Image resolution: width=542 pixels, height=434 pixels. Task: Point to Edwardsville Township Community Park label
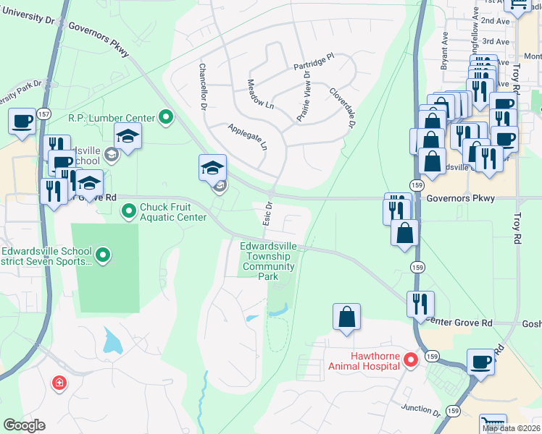pos(269,261)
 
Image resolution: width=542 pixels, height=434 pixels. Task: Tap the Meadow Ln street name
pos(261,94)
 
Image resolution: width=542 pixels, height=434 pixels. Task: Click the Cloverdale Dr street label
pos(342,108)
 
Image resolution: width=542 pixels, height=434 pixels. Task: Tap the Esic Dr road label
pos(267,212)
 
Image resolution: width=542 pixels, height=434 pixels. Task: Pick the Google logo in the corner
pos(24,425)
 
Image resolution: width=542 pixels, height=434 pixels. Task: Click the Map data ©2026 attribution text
pos(511,429)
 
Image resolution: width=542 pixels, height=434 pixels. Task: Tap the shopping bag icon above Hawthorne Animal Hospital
pos(347,316)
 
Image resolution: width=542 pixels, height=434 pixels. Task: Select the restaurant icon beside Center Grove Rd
pos(420,304)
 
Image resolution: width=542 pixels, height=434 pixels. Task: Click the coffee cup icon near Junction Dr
pos(480,361)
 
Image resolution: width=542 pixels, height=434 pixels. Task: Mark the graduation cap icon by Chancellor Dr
pos(212,168)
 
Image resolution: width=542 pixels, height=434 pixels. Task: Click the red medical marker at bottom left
pos(59,383)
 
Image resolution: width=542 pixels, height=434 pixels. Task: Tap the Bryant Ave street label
pos(444,51)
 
